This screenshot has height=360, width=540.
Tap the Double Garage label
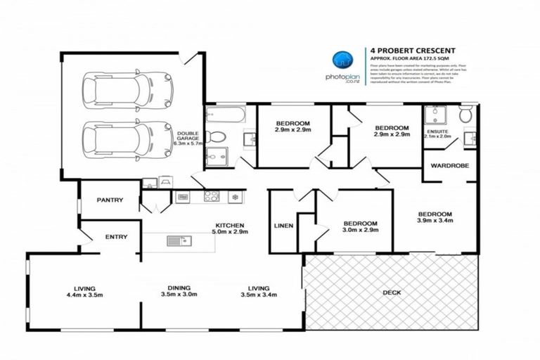[188, 139]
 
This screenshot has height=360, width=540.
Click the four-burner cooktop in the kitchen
[212, 197]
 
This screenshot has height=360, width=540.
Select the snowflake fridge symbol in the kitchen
[234, 197]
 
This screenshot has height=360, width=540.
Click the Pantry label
[110, 200]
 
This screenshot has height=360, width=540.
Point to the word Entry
[116, 237]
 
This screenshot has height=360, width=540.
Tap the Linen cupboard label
[283, 226]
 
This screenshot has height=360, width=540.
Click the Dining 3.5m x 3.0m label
[183, 291]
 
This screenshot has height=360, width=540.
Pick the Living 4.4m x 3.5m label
[84, 291]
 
